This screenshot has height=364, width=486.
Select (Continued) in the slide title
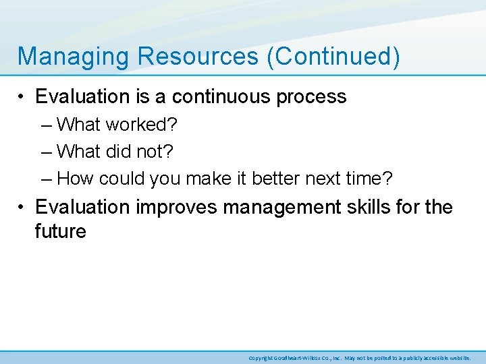(333, 57)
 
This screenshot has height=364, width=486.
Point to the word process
(310, 97)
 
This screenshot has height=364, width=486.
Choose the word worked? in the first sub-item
(140, 125)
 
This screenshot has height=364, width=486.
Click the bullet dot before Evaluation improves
(22, 207)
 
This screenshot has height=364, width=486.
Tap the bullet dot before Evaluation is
(22, 98)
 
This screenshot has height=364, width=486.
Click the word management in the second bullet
(283, 207)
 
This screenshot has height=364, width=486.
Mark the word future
(61, 232)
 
